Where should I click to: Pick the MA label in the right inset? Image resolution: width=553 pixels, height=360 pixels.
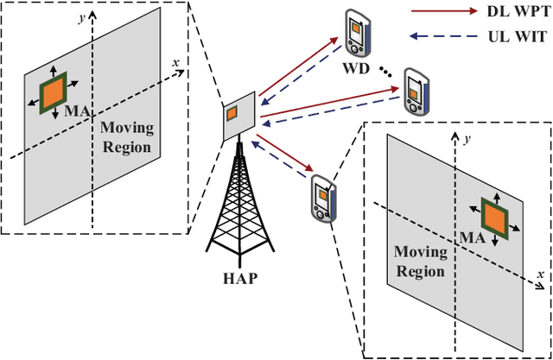(x=467, y=237)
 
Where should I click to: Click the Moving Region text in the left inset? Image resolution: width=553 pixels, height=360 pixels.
(x=127, y=137)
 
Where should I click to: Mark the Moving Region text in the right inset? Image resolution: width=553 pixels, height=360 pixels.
(x=421, y=261)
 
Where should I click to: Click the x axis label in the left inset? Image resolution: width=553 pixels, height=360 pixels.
(x=175, y=62)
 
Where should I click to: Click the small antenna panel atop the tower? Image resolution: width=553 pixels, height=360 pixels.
(x=232, y=115)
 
